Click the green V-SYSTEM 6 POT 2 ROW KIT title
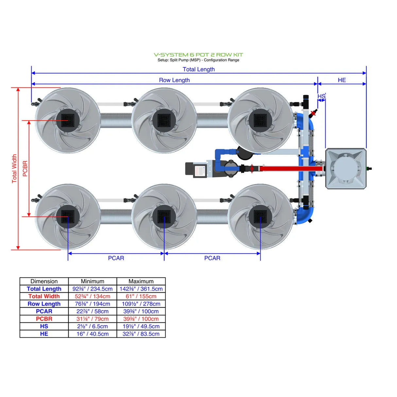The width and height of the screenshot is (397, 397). click(x=198, y=55)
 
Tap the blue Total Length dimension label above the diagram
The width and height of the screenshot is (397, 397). click(x=198, y=69)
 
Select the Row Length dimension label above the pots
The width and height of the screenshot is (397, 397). click(x=174, y=80)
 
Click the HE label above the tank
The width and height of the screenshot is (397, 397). click(x=342, y=80)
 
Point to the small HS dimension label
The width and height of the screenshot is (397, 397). click(x=321, y=96)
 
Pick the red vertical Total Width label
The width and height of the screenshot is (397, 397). click(x=14, y=169)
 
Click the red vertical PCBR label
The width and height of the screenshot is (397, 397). click(x=25, y=169)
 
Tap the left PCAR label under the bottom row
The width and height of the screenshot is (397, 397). click(x=116, y=258)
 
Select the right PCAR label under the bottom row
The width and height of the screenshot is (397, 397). click(x=212, y=258)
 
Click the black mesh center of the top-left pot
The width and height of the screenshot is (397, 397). click(x=68, y=120)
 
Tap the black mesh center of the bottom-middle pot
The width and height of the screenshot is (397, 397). click(x=164, y=216)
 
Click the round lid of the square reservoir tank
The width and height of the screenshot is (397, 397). click(x=345, y=168)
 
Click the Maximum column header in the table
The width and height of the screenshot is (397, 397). click(x=141, y=281)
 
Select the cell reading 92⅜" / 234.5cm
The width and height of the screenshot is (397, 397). click(x=93, y=289)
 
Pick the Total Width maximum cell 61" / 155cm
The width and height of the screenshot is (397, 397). click(x=141, y=296)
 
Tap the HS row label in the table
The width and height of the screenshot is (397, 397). click(x=44, y=326)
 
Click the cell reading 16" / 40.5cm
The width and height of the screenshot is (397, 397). click(x=93, y=334)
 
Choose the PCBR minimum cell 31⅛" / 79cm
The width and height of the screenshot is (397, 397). click(x=93, y=319)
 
